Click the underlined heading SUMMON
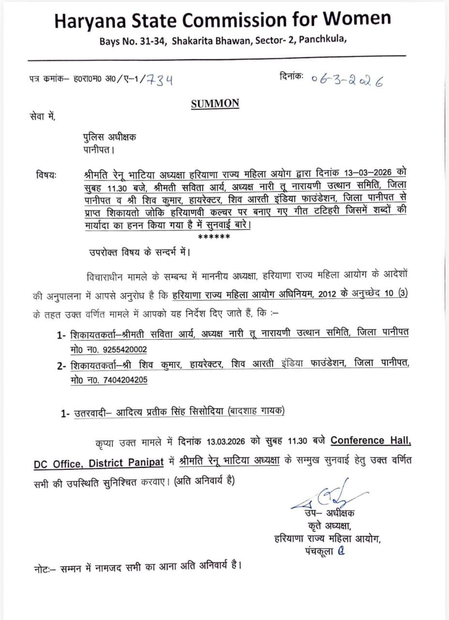click(215, 103)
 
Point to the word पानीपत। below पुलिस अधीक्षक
click(98, 150)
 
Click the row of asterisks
click(215, 237)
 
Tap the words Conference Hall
click(371, 441)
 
